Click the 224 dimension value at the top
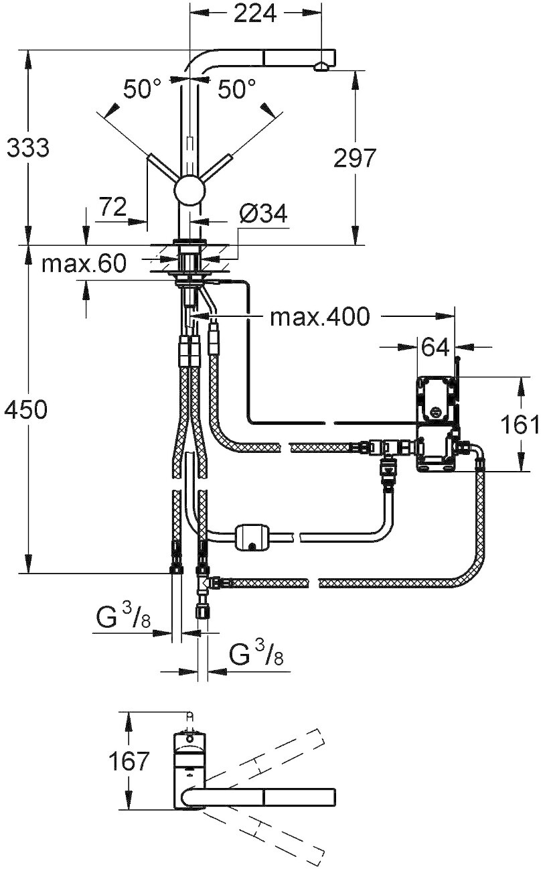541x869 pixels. pyautogui.click(x=255, y=15)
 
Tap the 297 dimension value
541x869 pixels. pyautogui.click(x=355, y=158)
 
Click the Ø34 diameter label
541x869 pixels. pyautogui.click(x=263, y=214)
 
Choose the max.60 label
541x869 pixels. pyautogui.click(x=84, y=264)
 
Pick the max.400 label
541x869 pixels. pyautogui.click(x=320, y=317)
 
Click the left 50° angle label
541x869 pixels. pyautogui.click(x=142, y=89)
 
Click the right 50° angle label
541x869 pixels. pyautogui.click(x=236, y=89)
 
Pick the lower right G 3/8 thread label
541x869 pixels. pyautogui.click(x=256, y=655)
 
